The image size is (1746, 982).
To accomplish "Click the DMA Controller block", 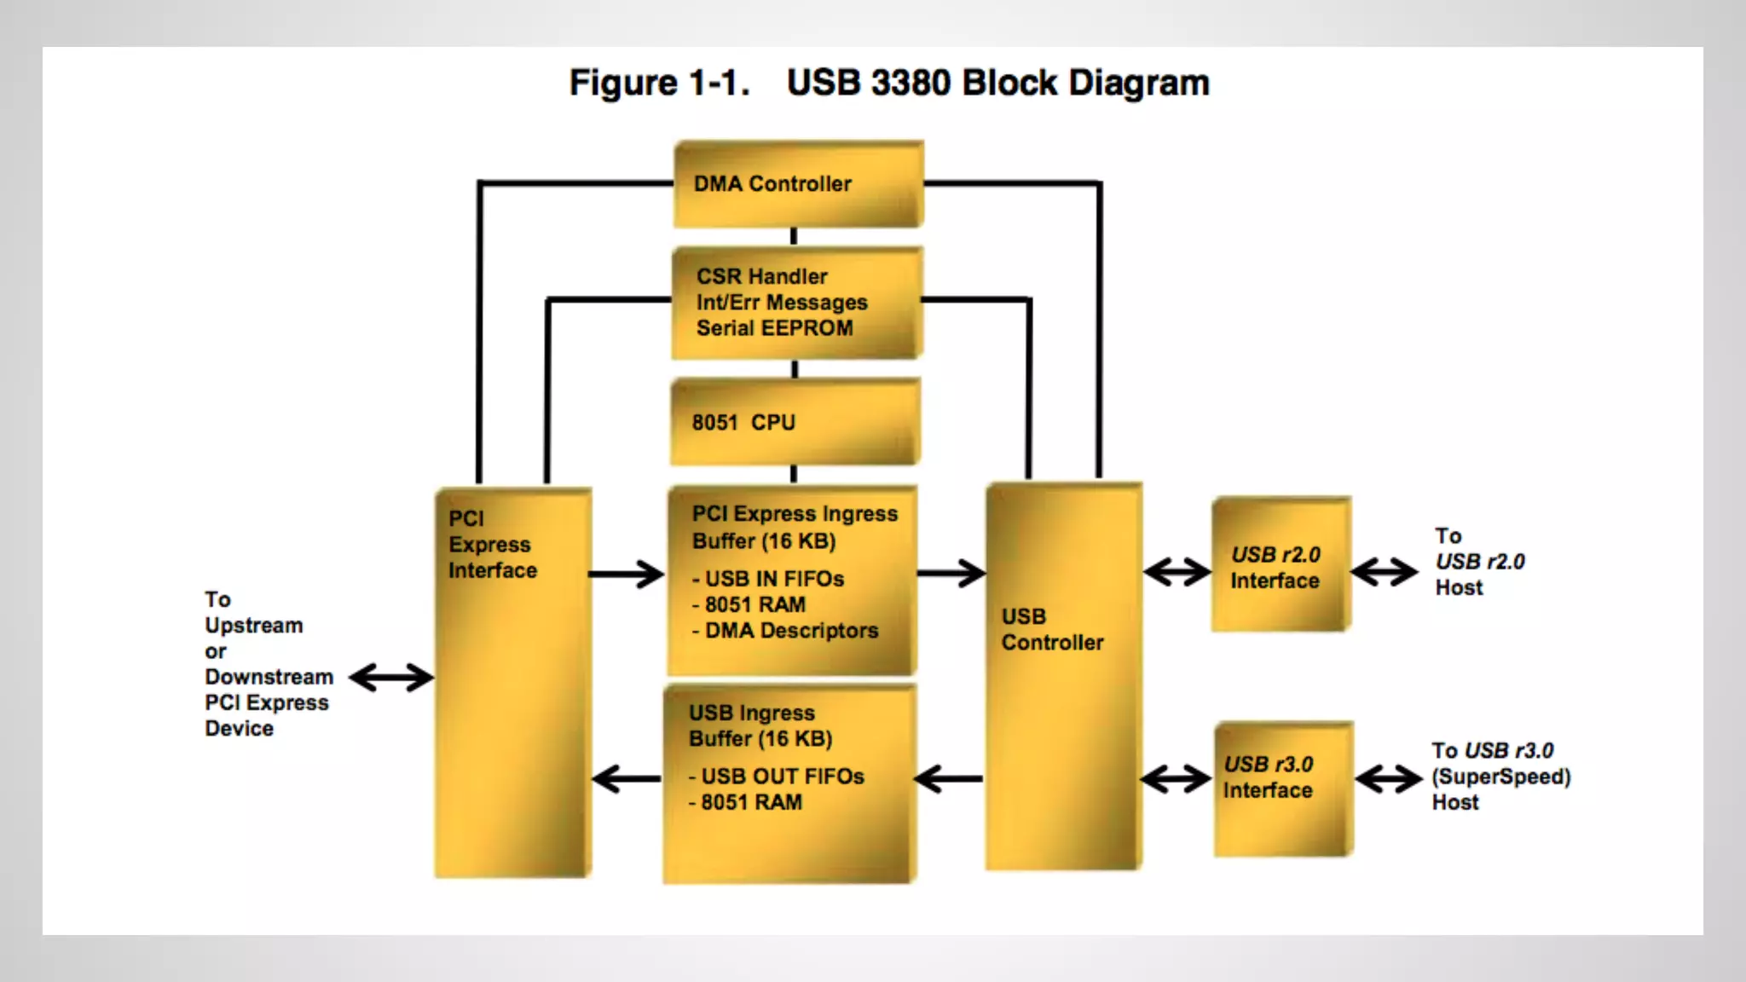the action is [x=799, y=184].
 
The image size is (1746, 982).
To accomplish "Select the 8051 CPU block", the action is [x=795, y=423].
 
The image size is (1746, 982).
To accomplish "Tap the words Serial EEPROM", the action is [x=774, y=328].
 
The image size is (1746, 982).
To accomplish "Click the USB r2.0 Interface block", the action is [x=1281, y=564].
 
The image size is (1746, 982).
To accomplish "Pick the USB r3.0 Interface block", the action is [x=1284, y=789].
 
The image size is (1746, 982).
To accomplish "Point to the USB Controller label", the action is [x=1052, y=629].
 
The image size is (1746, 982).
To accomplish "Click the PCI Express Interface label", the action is [x=493, y=544].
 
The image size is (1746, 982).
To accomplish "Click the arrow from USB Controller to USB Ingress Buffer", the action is [x=948, y=778].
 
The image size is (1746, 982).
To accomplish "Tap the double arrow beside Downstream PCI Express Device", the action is [x=392, y=679].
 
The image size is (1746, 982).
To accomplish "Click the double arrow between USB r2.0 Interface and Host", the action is [x=1385, y=572].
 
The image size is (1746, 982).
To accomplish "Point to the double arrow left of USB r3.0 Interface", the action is [x=1176, y=779].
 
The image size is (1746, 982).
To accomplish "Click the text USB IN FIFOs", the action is [x=774, y=579].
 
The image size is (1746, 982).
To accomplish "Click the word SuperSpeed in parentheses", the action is [x=1501, y=777].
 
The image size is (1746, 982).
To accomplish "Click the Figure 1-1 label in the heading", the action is [x=660, y=83].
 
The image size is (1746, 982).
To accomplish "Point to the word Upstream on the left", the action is [x=254, y=626].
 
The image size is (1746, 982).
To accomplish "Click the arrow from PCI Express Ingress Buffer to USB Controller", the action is [x=951, y=573].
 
